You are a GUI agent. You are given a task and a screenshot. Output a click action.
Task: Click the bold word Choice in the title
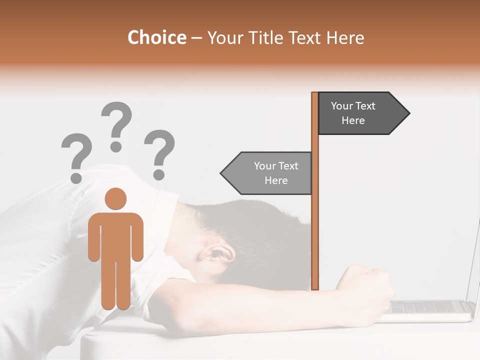pyautogui.click(x=156, y=37)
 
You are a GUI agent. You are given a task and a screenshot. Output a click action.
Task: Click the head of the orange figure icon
pyautogui.click(x=115, y=199)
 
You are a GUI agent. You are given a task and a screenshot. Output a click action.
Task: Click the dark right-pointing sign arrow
pyautogui.click(x=360, y=113)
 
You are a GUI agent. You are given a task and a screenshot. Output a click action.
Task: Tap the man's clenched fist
pyautogui.click(x=367, y=290)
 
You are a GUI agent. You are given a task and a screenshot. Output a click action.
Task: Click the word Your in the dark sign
pyautogui.click(x=342, y=106)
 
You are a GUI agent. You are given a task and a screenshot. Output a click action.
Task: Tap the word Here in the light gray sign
pyautogui.click(x=276, y=180)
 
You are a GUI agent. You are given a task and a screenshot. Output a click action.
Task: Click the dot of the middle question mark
pyautogui.click(x=116, y=146)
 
